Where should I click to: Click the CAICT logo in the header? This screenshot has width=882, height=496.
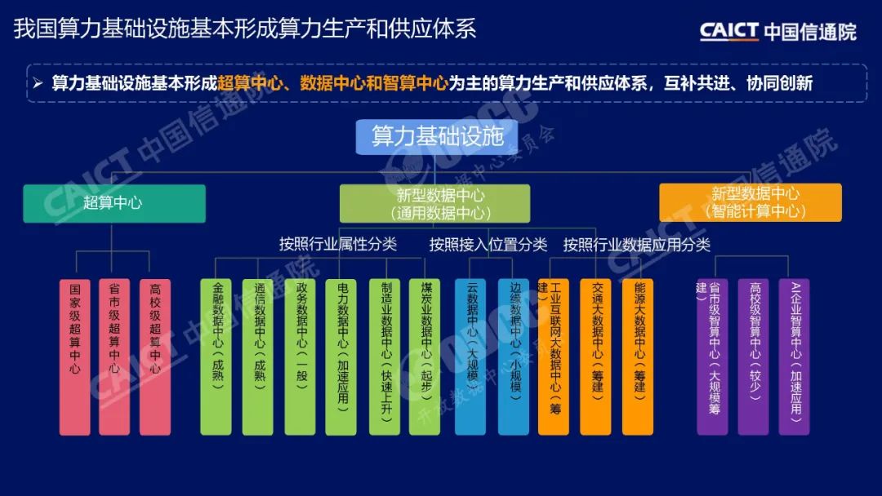(x=777, y=31)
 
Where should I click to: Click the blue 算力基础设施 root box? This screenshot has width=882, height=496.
(x=437, y=135)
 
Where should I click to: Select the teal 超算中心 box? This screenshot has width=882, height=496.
(x=114, y=203)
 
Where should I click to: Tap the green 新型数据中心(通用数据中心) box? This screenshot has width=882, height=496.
(x=434, y=203)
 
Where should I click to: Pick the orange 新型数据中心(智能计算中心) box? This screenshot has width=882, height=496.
(x=750, y=202)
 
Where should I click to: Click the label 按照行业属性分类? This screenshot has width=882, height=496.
(x=337, y=244)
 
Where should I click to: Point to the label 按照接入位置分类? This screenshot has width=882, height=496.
(x=488, y=244)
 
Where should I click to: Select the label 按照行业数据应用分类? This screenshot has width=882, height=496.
(x=637, y=244)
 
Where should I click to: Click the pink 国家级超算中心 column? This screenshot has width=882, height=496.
(x=75, y=356)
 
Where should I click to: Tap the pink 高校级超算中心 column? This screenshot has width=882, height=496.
(x=155, y=356)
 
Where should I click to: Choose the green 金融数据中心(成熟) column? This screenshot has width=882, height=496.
(x=216, y=356)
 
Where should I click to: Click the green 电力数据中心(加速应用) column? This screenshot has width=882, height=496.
(x=341, y=356)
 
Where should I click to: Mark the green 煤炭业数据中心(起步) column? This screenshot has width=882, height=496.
(x=425, y=356)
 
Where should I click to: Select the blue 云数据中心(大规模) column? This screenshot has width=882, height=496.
(x=470, y=356)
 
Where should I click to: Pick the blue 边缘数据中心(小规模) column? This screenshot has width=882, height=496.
(x=514, y=356)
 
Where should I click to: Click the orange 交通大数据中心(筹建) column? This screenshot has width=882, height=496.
(x=596, y=356)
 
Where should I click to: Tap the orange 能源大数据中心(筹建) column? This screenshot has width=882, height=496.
(x=638, y=356)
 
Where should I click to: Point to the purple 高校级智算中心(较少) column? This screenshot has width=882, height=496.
(x=754, y=356)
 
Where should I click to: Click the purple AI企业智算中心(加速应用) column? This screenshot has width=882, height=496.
(x=795, y=356)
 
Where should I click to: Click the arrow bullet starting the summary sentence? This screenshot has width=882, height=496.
(x=38, y=83)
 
